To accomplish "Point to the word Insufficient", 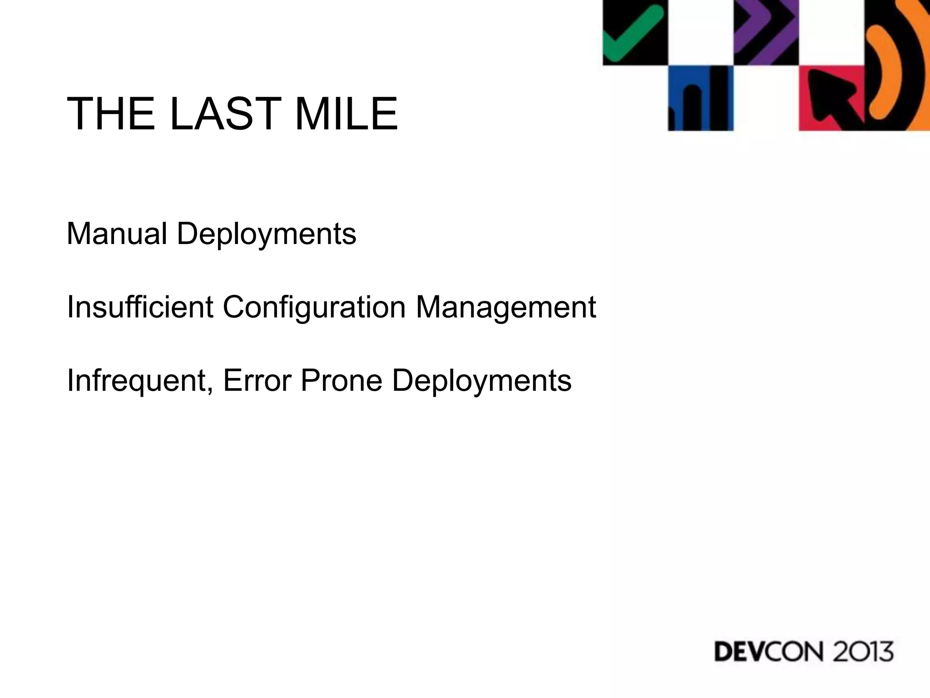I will click(140, 307).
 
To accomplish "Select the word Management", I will click(505, 307).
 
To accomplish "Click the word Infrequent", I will click(137, 380).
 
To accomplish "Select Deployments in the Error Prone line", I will click(482, 381).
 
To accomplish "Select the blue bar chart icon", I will click(700, 99).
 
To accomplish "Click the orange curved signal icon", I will click(890, 66).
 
